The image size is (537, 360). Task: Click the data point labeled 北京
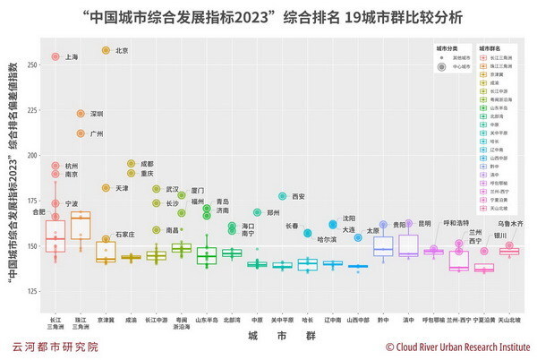click(106, 51)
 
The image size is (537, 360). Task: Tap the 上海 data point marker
click(55, 57)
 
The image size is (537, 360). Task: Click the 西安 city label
click(299, 196)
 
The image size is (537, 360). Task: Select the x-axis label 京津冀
click(106, 320)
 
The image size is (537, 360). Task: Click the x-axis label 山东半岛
click(207, 320)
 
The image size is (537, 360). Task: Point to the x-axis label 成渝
click(131, 320)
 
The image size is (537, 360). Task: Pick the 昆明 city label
click(425, 223)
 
